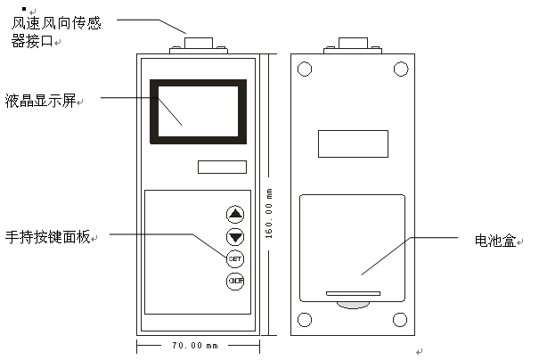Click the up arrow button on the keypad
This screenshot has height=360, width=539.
(x=235, y=214)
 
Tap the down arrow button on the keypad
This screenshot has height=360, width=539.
(x=235, y=236)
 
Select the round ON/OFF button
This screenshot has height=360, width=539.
(x=235, y=282)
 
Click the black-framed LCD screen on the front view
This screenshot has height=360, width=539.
(x=199, y=110)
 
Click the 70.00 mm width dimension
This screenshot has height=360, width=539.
(x=194, y=345)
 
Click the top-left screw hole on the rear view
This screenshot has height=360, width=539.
(x=306, y=68)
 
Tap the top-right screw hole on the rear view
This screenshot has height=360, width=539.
(x=400, y=68)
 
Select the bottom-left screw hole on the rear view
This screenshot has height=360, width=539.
(x=306, y=320)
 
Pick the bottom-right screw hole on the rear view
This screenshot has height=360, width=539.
(x=400, y=320)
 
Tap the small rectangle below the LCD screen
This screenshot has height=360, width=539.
(x=222, y=167)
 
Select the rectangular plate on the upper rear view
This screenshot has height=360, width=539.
(x=353, y=143)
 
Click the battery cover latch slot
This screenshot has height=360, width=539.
(x=353, y=291)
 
